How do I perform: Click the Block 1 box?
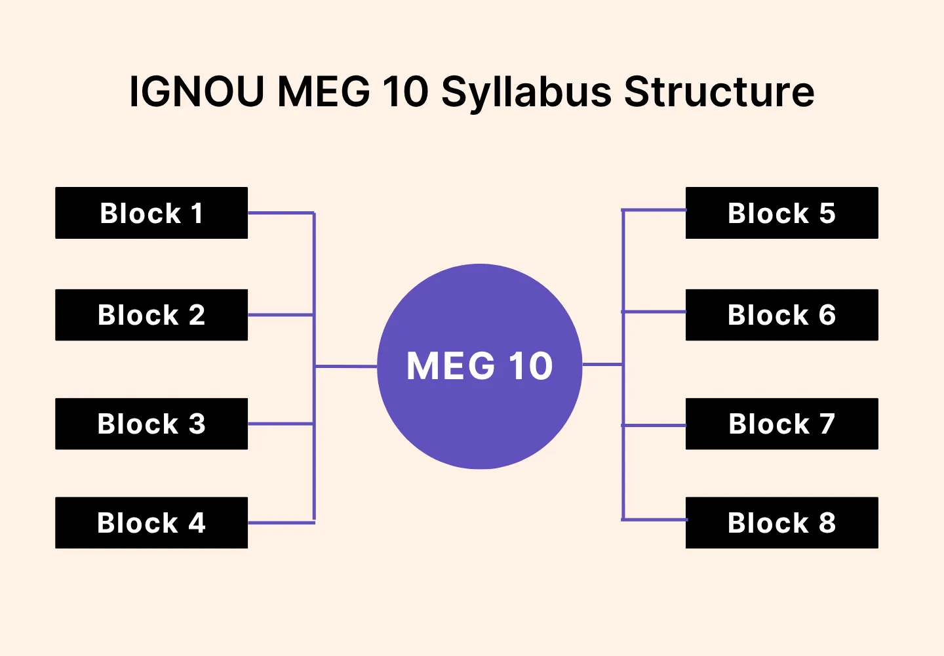point(151,213)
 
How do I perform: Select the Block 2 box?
point(151,315)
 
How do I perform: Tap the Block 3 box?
point(151,424)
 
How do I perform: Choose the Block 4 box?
point(151,523)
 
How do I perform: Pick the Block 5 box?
point(781,213)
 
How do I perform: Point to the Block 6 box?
point(781,315)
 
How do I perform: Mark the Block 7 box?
point(781,424)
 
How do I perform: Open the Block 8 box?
point(781,523)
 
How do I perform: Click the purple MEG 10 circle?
point(479,407)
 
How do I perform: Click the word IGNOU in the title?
point(197,91)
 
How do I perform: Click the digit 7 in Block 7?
point(827,424)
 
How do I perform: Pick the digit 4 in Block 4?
point(197,523)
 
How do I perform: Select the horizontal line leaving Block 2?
point(281,315)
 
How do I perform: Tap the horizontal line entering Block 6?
point(654,312)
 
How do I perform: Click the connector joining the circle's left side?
point(346,366)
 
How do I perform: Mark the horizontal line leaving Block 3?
point(281,424)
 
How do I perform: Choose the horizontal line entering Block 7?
point(654,425)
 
